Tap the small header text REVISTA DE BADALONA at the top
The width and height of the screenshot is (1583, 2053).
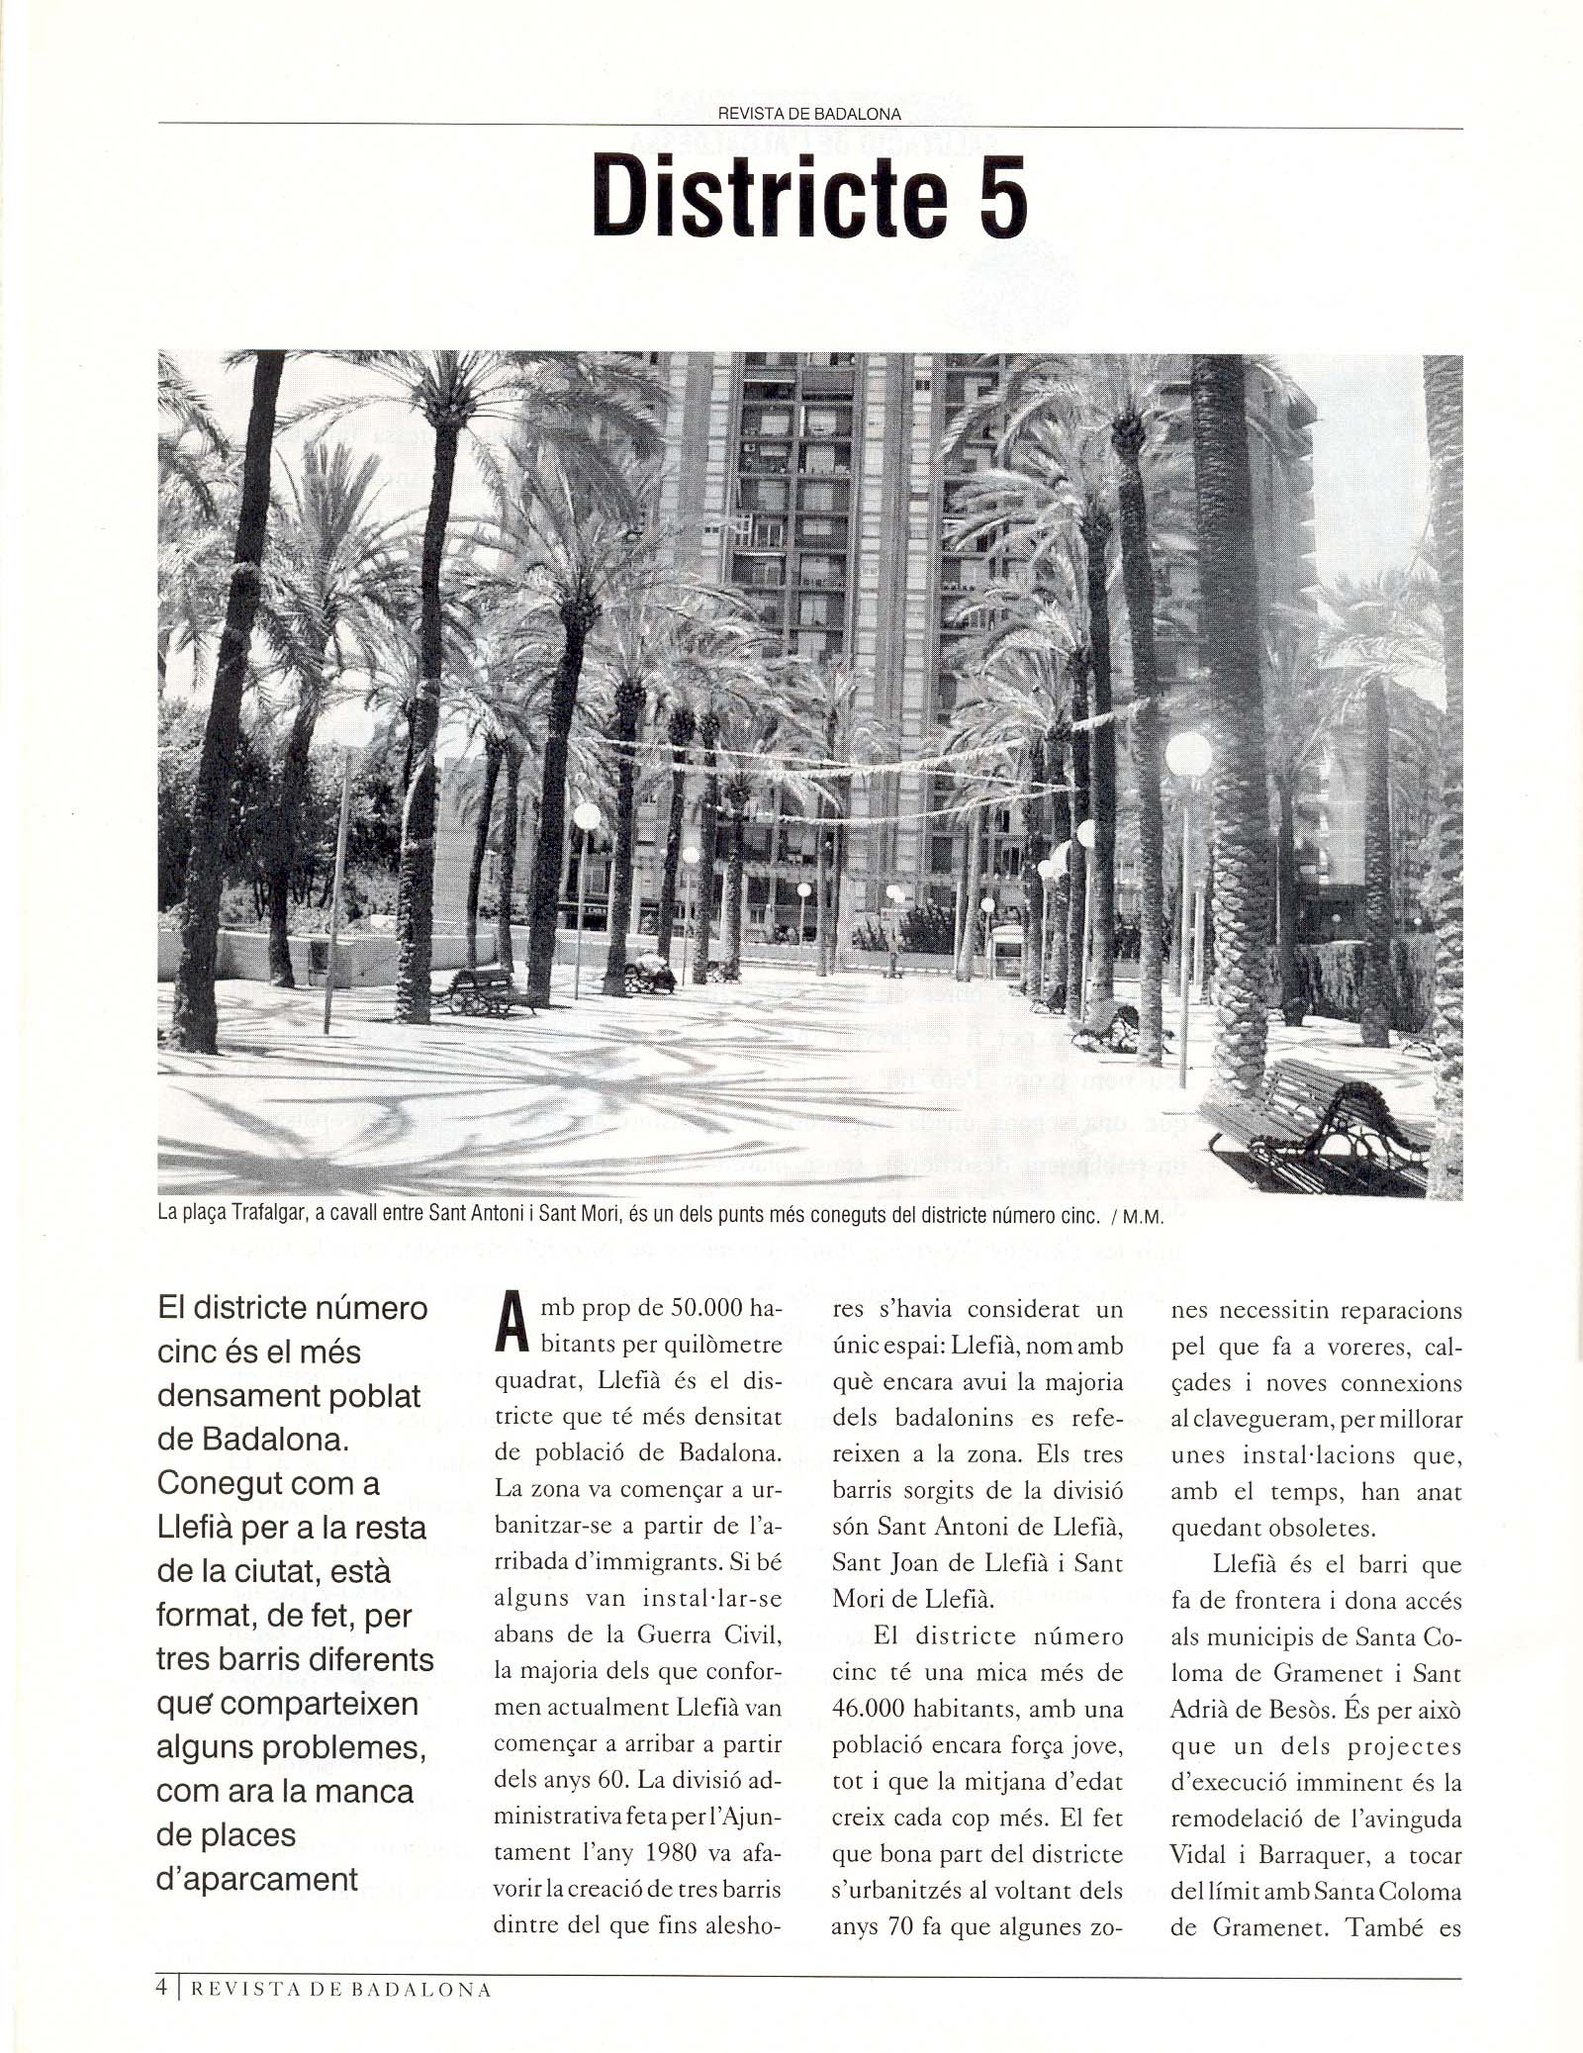[808, 114]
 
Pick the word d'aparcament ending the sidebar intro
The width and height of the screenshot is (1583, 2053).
[257, 1879]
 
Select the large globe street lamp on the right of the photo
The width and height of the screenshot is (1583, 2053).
[1188, 755]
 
